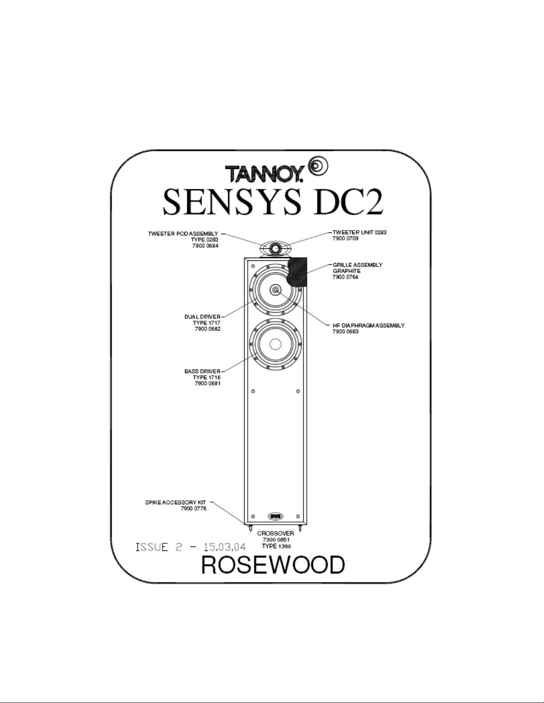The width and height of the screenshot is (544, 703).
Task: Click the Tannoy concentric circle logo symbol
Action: point(318,166)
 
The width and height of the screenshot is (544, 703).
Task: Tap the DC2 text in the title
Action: point(348,202)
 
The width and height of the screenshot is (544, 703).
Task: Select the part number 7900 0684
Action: point(205,246)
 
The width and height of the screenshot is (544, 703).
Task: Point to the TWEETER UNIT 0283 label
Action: point(359,232)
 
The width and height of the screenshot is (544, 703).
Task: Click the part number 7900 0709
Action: point(345,239)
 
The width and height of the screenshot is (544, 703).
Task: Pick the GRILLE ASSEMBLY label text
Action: point(357,265)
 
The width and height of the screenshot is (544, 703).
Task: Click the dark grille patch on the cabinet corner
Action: point(297,272)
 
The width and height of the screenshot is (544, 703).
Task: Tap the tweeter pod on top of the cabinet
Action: point(276,248)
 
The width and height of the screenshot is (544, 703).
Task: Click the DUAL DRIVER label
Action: point(203,317)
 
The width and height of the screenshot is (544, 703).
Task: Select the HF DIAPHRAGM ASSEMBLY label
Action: point(369,326)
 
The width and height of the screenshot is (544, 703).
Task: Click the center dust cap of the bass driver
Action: point(275,344)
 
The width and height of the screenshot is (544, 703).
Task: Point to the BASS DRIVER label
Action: point(203,371)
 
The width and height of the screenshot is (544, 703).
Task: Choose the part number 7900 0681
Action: point(207,384)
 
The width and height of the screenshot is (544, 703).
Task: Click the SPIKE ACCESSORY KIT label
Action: point(175,503)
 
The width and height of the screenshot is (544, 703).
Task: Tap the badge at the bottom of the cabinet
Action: point(275,516)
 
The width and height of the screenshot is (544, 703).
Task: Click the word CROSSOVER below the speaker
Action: point(276,534)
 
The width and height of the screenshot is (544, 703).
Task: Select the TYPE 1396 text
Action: point(276,546)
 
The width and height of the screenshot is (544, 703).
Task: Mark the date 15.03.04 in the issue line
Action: point(225,547)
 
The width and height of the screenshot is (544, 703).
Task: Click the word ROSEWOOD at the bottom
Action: point(273,565)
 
